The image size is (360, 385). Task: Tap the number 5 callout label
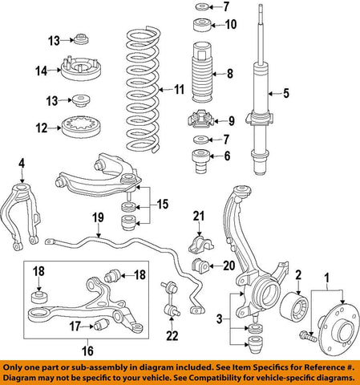285,94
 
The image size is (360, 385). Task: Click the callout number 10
231,24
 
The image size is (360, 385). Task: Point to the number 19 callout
97,217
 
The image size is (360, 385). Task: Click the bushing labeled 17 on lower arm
100,324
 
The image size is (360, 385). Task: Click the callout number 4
21,164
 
